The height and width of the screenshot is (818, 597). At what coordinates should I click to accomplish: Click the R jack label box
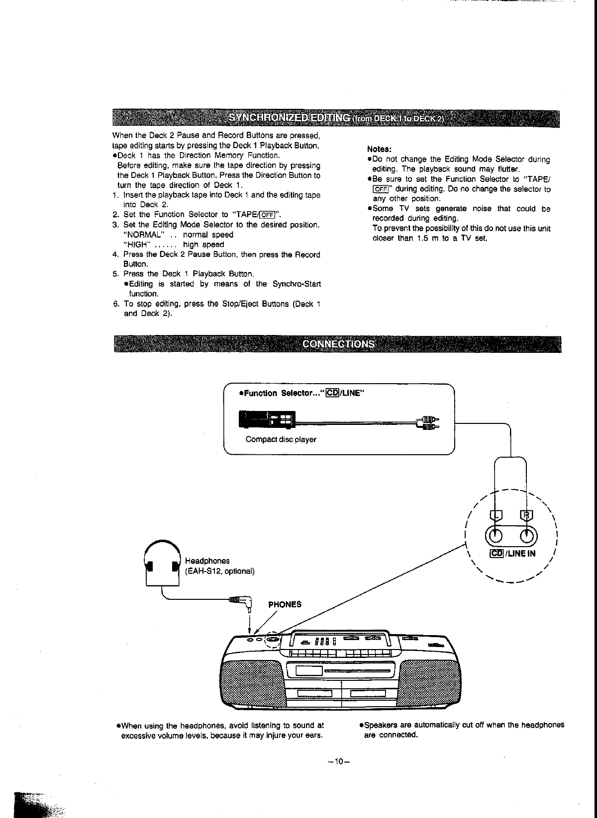[x=526, y=515]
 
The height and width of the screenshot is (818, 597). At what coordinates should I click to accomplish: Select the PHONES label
[x=285, y=605]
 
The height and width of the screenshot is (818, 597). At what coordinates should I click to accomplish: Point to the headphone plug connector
[x=241, y=602]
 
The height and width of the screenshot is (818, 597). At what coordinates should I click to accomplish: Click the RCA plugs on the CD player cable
[x=427, y=422]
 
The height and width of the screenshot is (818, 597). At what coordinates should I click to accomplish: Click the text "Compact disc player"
[x=281, y=439]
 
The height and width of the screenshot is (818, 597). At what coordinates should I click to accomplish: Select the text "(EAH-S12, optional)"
[x=219, y=571]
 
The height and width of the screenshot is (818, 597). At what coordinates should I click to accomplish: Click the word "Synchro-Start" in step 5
[x=297, y=284]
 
